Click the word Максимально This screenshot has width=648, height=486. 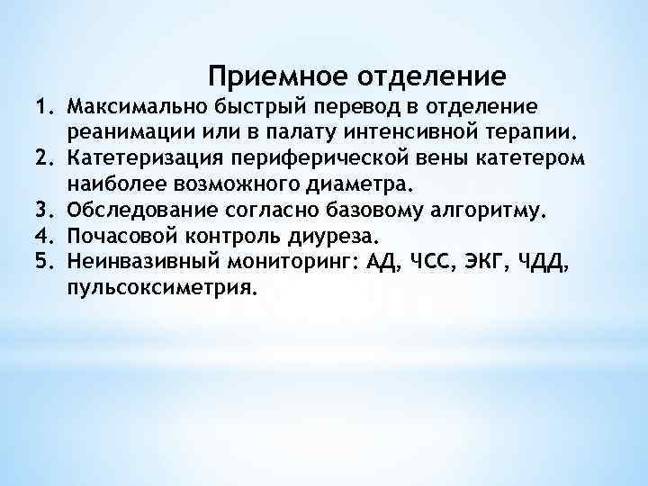point(133,107)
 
